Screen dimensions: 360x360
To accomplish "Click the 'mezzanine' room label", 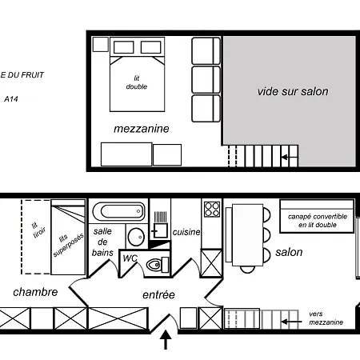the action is click(x=142, y=129).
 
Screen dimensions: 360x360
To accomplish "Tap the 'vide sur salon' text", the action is click(x=293, y=91).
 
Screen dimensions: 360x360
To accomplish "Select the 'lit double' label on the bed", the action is click(x=137, y=82).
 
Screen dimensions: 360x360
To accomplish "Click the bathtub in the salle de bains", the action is click(x=119, y=211).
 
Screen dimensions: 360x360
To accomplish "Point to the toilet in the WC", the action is click(x=158, y=265).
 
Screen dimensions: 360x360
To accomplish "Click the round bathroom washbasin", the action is click(x=136, y=237).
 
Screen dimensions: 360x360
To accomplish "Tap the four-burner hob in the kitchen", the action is click(x=212, y=209).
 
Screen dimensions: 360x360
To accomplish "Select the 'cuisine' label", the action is click(x=186, y=232).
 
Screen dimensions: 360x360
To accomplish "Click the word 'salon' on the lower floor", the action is click(x=289, y=252).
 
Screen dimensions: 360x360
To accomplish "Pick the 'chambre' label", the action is click(x=35, y=292).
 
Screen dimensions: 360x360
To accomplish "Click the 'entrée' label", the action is click(x=158, y=294).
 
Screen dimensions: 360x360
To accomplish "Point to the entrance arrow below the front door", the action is click(x=166, y=339).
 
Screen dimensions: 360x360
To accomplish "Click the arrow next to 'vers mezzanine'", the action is click(x=291, y=322).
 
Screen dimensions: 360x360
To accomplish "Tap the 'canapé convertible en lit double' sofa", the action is click(x=317, y=216).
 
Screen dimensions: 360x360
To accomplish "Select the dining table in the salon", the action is click(x=247, y=235).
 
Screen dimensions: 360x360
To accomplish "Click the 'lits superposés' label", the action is click(x=68, y=244).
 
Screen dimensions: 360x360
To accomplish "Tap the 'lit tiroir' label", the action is click(x=38, y=230).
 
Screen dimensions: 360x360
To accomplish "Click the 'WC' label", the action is click(x=130, y=258).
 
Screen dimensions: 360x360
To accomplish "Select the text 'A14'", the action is click(x=11, y=99).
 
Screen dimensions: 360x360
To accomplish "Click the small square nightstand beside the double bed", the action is click(x=101, y=44).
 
